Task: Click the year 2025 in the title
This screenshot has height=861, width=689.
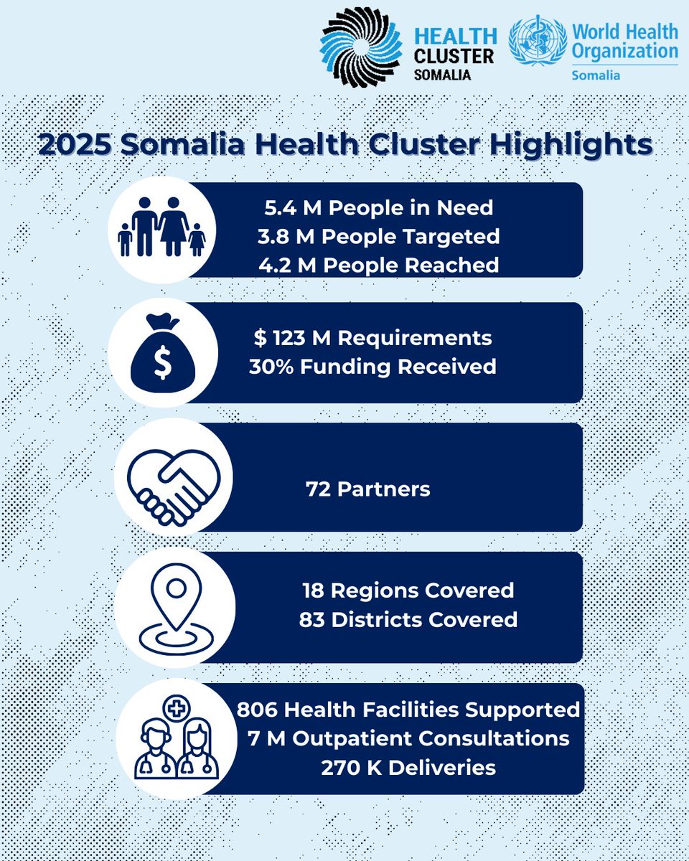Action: pos(75,145)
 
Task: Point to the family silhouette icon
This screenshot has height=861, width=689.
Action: pos(161,227)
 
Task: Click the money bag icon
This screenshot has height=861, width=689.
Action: pos(162,353)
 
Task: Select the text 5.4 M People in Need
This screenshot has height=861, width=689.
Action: pos(377,208)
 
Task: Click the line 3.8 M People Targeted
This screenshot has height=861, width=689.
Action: pos(380,236)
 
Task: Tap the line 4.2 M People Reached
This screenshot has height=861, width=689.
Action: pos(379,264)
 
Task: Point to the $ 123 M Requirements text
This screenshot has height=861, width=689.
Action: pos(372,337)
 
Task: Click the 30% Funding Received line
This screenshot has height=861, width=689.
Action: pos(372,366)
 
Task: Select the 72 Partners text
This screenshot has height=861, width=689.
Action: pos(367,489)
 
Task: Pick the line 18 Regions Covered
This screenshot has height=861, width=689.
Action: pos(408,590)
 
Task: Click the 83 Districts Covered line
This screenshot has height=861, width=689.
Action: pos(408,618)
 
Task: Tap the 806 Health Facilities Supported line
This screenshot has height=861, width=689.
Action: pos(408,710)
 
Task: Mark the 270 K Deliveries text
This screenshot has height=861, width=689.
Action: pos(408,767)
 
